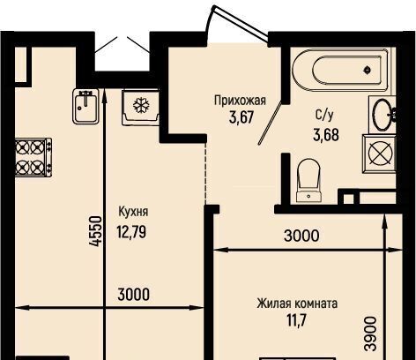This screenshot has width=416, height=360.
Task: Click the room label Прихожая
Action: [x=240, y=101]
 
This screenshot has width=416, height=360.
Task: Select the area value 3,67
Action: [x=241, y=117]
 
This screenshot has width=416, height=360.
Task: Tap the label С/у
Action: [x=324, y=116]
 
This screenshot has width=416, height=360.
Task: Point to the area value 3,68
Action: [x=326, y=135]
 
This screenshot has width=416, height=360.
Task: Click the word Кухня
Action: [x=133, y=212]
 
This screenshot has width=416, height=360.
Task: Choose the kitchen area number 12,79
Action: [x=131, y=232]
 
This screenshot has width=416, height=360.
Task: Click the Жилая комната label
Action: [x=297, y=304]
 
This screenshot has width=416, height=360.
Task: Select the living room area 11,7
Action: [x=297, y=320]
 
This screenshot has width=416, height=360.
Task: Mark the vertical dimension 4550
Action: [x=95, y=231]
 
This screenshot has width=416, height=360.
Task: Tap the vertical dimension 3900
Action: [x=370, y=334]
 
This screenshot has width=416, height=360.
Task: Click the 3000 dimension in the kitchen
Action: [x=133, y=295]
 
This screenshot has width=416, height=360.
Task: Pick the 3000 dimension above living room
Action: [x=301, y=236]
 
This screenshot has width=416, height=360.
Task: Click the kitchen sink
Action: [x=85, y=106]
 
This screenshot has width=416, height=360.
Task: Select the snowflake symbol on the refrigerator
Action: [x=142, y=106]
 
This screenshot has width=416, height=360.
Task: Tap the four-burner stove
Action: [x=33, y=157]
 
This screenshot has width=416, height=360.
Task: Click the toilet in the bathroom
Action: [x=308, y=180]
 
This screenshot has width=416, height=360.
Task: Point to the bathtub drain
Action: [x=367, y=70]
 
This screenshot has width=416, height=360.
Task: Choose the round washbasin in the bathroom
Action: [x=383, y=114]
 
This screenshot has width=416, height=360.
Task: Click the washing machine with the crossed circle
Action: [x=380, y=154]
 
